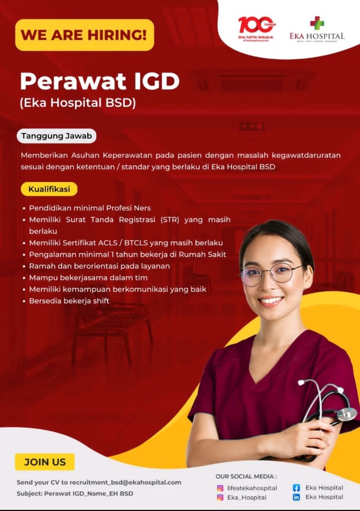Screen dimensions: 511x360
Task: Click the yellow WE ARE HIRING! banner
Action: [84, 35]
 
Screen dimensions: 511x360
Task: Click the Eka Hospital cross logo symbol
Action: [317, 23]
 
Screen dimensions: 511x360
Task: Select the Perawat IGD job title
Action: [99, 82]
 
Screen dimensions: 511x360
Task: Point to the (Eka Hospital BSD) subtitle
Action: [78, 103]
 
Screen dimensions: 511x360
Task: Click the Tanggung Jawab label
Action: [57, 136]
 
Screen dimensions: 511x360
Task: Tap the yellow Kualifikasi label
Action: [49, 189]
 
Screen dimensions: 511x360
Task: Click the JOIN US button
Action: [45, 461]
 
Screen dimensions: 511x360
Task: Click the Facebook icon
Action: [296, 488]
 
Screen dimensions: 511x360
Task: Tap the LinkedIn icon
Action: [296, 497]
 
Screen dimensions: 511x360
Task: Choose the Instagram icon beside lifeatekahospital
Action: [220, 488]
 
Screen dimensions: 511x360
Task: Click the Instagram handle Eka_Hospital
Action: [247, 498]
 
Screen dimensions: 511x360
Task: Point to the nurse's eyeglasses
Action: [272, 274]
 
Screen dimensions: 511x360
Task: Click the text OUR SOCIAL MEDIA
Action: [246, 476]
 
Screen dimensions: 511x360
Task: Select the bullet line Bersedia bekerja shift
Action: [69, 301]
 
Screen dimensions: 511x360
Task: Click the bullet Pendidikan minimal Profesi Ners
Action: [90, 208]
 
